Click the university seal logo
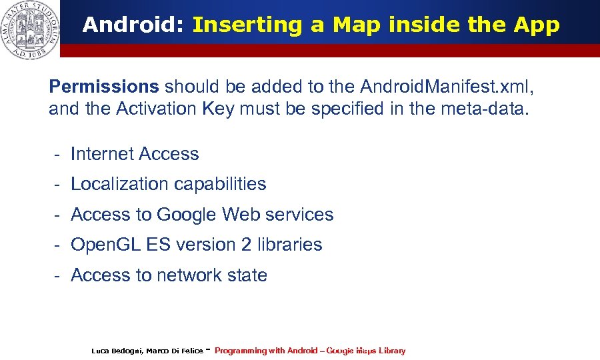coord(29,29)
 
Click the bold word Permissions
coord(104,87)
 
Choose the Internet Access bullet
coord(135,154)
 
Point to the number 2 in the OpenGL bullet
coord(246,245)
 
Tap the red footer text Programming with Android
coord(266,351)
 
